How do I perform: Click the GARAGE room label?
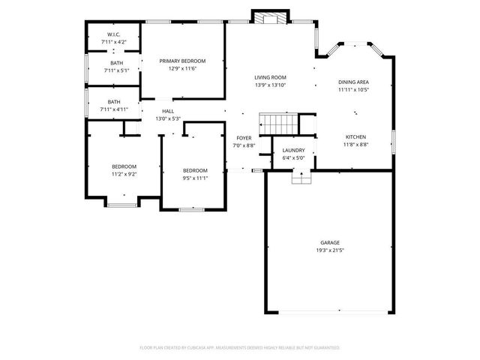click(x=330, y=242)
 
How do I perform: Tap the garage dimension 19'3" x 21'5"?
click(x=330, y=250)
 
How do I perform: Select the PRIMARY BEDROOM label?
click(x=182, y=61)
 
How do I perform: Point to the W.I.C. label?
click(x=114, y=34)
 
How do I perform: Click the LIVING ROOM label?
click(x=271, y=77)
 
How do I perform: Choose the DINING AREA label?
click(x=353, y=82)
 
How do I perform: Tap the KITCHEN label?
click(x=355, y=136)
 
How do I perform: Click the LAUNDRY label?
click(x=293, y=150)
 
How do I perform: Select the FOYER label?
click(x=244, y=138)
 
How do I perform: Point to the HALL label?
click(x=168, y=111)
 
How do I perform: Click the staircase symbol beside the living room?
click(x=278, y=122)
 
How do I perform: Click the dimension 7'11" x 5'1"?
click(x=116, y=70)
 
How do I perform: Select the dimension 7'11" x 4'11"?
click(x=114, y=109)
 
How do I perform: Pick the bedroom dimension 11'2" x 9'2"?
click(x=124, y=174)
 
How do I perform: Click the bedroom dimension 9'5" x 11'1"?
click(x=195, y=178)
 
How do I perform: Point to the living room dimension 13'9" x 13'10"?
click(x=271, y=85)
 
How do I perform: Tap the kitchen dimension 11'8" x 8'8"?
click(x=355, y=144)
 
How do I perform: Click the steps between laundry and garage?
click(x=301, y=177)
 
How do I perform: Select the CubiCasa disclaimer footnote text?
click(x=240, y=348)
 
